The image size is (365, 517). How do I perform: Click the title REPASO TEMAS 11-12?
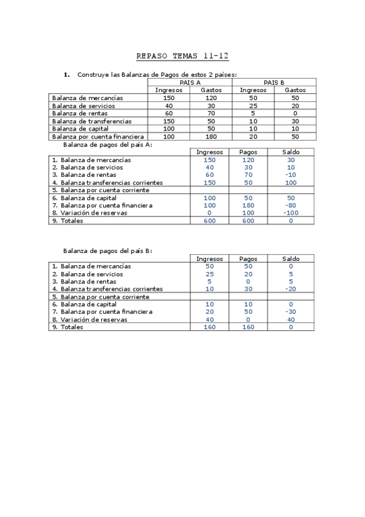(182, 56)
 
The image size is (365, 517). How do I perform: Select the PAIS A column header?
(190, 82)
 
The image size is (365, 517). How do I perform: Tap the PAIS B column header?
(274, 82)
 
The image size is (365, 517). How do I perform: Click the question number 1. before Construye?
(67, 74)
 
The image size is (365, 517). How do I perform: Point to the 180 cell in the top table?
(211, 137)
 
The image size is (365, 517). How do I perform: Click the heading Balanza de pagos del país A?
(108, 144)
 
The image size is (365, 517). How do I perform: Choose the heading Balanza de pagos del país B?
(108, 251)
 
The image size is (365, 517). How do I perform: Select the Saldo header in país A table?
(291, 152)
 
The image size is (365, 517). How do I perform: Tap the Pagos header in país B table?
(248, 258)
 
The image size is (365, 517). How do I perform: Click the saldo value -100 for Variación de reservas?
(291, 213)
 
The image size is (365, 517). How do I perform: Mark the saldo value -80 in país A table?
(291, 205)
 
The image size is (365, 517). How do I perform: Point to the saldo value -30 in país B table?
(291, 312)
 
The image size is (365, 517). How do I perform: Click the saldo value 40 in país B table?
(291, 319)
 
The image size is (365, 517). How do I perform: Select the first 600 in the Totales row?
(210, 221)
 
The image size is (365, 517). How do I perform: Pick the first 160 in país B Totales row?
(210, 327)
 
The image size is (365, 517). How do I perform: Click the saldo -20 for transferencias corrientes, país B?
(291, 289)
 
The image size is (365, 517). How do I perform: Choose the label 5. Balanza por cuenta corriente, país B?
(101, 297)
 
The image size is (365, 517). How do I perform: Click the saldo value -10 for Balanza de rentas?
(291, 175)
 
